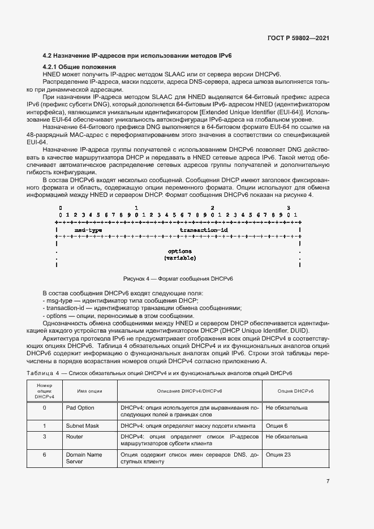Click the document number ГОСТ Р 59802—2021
298,38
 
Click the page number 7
328,481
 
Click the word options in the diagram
180,251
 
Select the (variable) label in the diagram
180,258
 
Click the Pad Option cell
80,407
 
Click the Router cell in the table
75,437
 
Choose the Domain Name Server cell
84,458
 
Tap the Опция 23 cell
277,454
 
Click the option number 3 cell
44,437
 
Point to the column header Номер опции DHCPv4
44,391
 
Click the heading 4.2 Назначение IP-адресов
137,55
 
